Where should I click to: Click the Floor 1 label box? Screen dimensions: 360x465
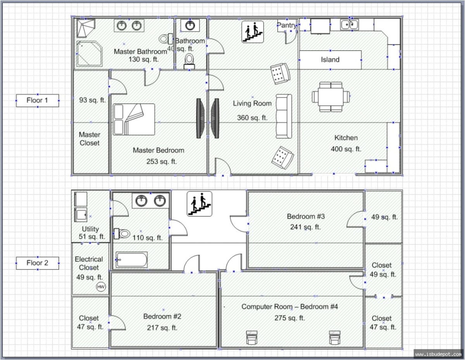pyautogui.click(x=37, y=101)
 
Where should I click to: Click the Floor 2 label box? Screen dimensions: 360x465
pyautogui.click(x=37, y=263)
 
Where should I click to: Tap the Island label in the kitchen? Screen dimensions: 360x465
pyautogui.click(x=330, y=60)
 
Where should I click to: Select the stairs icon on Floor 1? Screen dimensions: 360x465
pyautogui.click(x=253, y=31)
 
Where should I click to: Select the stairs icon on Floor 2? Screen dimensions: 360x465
pyautogui.click(x=200, y=204)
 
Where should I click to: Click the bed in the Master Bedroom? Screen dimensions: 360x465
pyautogui.click(x=134, y=119)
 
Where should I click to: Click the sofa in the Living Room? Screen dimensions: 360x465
pyautogui.click(x=284, y=116)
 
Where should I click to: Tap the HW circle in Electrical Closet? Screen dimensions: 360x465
pyautogui.click(x=101, y=287)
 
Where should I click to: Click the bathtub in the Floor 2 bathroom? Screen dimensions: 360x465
pyautogui.click(x=132, y=260)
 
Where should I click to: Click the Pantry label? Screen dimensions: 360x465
pyautogui.click(x=286, y=26)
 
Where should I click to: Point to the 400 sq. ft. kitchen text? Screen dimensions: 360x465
pyautogui.click(x=346, y=149)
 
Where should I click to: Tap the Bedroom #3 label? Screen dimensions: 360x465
pyautogui.click(x=305, y=217)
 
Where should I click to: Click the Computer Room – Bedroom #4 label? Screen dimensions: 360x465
pyautogui.click(x=290, y=307)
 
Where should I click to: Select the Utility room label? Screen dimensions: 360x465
pyautogui.click(x=90, y=229)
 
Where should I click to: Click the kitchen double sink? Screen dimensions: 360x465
pyautogui.click(x=349, y=25)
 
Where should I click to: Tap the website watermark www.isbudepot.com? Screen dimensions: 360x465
pyautogui.click(x=438, y=353)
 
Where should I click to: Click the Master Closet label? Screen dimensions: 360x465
pyautogui.click(x=90, y=139)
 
